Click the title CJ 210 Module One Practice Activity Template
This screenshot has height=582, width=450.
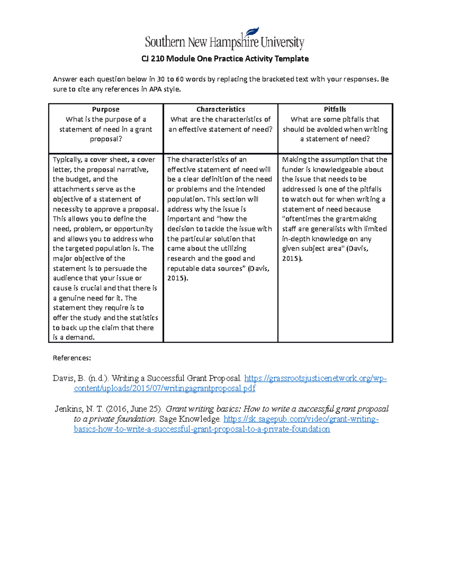[225, 58]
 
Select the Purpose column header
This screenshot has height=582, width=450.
[105, 109]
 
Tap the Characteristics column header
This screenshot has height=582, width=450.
[220, 109]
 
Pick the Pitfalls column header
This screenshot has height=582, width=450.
[335, 109]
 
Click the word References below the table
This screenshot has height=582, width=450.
[72, 358]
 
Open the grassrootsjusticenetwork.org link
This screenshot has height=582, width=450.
[315, 379]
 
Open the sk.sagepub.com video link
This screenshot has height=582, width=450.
[301, 419]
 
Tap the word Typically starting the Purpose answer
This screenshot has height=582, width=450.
[67, 160]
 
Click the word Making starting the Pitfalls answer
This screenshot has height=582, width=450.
[294, 160]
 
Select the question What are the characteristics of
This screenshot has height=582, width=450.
[220, 120]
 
